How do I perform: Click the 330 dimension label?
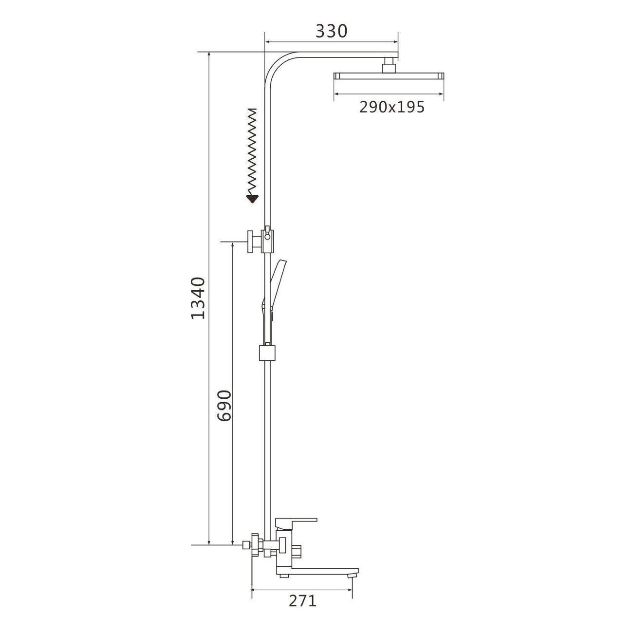[x=331, y=32]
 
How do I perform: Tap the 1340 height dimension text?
[x=198, y=298]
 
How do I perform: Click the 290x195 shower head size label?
[x=392, y=107]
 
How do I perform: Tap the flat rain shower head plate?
[x=389, y=76]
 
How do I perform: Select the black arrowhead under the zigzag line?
[x=252, y=198]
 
